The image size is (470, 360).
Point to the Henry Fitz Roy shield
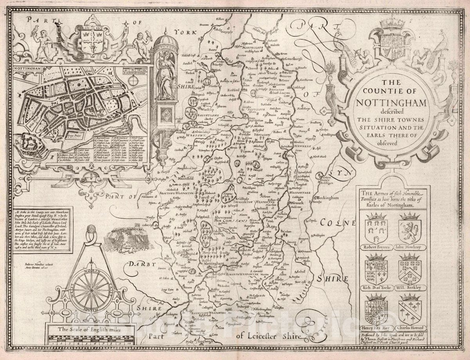tap(376, 308)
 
